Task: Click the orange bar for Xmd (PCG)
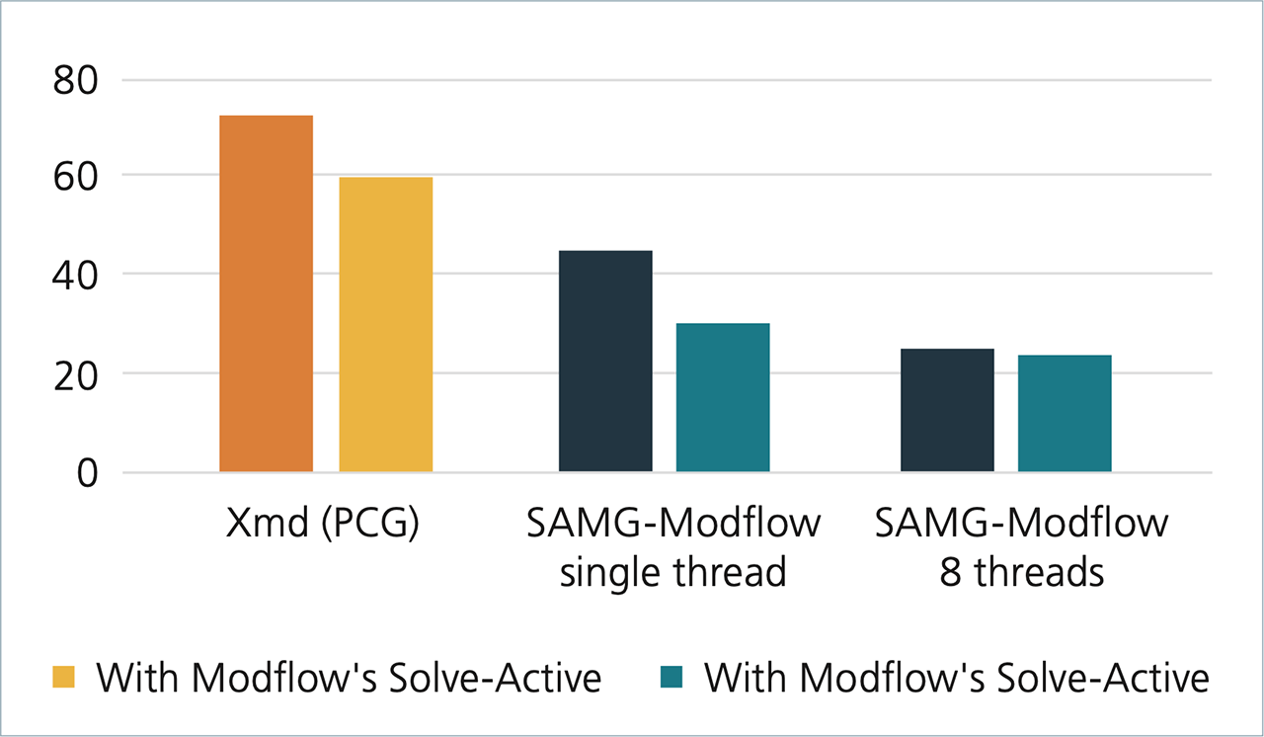click(266, 293)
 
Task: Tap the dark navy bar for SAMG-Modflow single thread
click(605, 362)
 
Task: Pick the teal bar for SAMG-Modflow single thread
click(722, 397)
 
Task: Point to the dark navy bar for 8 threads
click(947, 410)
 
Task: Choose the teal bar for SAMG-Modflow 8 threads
click(1065, 413)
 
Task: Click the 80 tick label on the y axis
click(76, 80)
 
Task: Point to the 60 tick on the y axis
click(76, 176)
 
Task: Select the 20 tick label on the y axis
click(76, 373)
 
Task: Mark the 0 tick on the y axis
click(89, 473)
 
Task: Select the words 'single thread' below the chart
click(672, 572)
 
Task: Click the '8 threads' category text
click(1022, 572)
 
